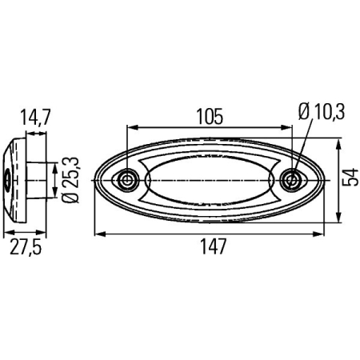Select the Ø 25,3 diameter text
(69, 181)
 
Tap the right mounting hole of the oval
(293, 179)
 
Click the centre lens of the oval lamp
(210, 180)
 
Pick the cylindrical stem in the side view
(37, 181)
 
